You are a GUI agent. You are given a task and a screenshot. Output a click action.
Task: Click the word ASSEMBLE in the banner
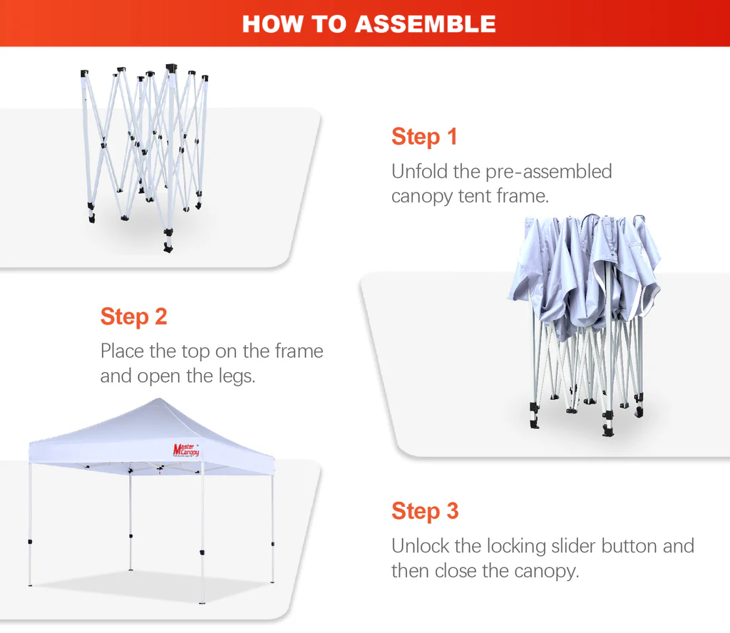425,24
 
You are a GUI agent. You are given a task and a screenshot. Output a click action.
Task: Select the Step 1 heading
424,136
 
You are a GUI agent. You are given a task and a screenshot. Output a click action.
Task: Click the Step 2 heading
133,316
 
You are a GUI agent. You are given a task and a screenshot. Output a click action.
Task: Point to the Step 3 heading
425,510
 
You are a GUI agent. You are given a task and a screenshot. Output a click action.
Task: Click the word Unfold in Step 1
419,171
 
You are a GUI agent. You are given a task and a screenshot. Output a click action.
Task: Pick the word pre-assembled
548,173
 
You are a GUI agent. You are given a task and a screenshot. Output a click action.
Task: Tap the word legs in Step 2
237,376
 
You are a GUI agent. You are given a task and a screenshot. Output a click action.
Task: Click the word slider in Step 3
572,546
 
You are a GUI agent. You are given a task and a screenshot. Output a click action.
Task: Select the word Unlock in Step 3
421,546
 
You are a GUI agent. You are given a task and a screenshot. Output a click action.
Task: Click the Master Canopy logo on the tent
186,450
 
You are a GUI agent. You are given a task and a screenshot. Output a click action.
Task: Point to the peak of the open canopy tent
159,398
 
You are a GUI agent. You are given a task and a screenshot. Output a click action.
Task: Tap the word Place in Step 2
123,351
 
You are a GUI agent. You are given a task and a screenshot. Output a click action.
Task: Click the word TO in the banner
329,24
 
